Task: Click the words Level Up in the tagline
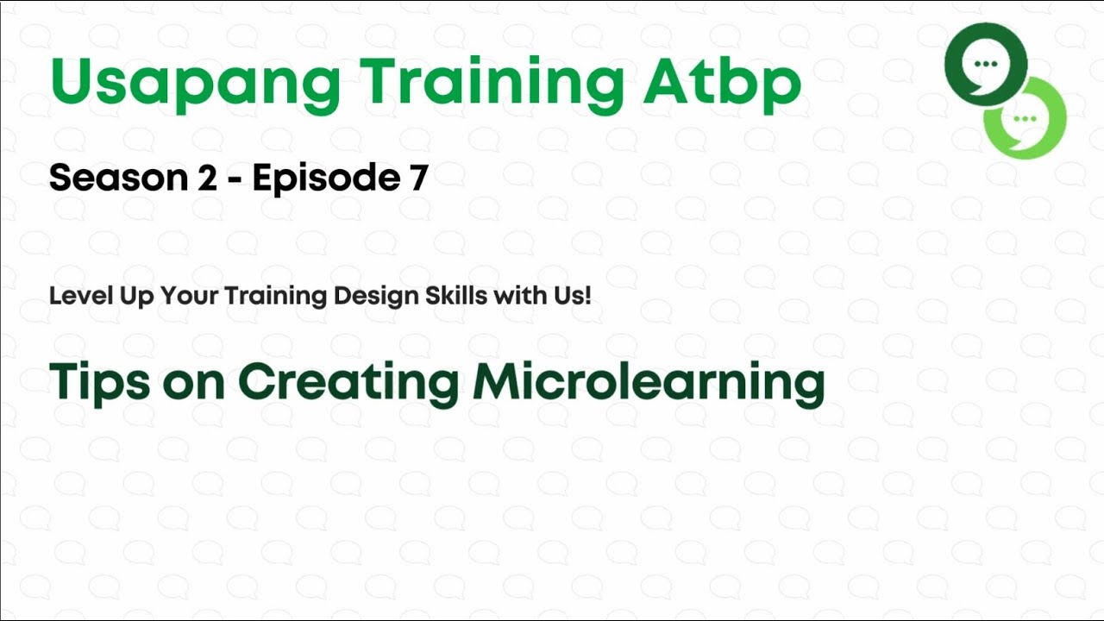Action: pyautogui.click(x=101, y=296)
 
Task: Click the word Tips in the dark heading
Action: pyautogui.click(x=97, y=382)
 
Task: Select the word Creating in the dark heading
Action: pyautogui.click(x=348, y=382)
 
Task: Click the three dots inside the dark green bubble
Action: pyautogui.click(x=984, y=64)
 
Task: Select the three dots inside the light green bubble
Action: pyautogui.click(x=1025, y=118)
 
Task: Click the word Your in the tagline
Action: pyautogui.click(x=191, y=296)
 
